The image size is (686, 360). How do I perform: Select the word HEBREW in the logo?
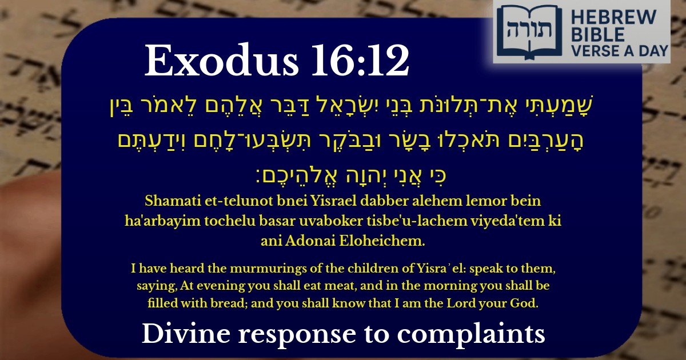[616, 17]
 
